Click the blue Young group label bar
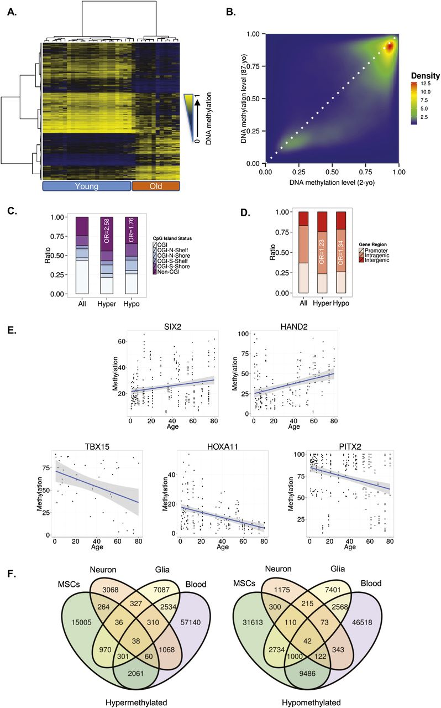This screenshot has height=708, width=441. (x=86, y=186)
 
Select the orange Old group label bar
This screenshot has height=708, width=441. (x=156, y=186)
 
